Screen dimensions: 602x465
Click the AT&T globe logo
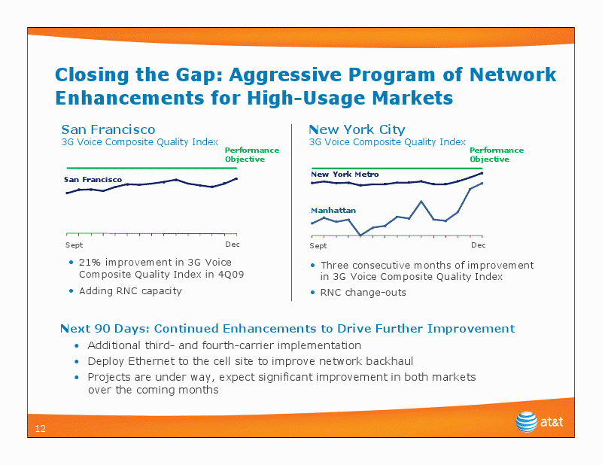(526, 421)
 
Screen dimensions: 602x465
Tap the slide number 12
(41, 429)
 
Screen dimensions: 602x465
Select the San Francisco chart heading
(108, 129)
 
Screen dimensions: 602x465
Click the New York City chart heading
(357, 129)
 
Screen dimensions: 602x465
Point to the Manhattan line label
(333, 210)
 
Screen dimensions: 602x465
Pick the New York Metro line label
(345, 174)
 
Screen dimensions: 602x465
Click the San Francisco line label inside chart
(93, 179)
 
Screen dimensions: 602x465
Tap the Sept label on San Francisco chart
(74, 245)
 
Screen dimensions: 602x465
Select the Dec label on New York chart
(479, 245)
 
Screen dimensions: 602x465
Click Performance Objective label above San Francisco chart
(252, 154)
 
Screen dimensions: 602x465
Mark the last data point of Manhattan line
(482, 183)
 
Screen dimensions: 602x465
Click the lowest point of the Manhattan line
(360, 236)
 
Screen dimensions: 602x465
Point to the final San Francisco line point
(236, 178)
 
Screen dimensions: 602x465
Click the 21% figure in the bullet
(90, 263)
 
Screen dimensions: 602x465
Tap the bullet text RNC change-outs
(363, 293)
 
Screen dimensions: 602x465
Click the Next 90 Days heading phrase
(105, 329)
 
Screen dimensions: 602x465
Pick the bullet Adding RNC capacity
(130, 291)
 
